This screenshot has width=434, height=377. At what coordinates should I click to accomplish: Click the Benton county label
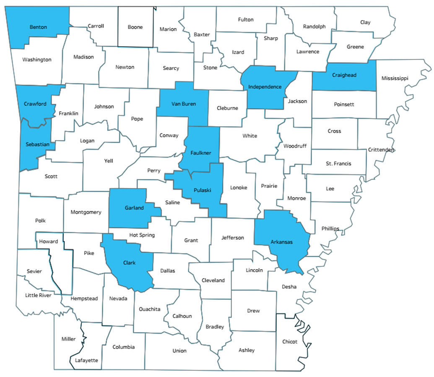38,27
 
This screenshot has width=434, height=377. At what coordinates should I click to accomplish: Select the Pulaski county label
202,190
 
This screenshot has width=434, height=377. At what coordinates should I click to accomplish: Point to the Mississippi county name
395,78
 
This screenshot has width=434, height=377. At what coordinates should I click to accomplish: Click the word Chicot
290,341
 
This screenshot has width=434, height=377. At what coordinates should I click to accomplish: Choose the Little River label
38,295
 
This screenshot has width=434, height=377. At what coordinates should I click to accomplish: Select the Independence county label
265,87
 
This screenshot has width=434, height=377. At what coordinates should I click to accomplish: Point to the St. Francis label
338,164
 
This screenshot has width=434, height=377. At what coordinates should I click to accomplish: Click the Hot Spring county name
142,235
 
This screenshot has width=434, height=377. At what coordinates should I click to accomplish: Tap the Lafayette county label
86,360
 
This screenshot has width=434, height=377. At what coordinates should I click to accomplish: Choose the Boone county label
135,27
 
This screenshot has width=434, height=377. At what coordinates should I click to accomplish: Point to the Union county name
179,351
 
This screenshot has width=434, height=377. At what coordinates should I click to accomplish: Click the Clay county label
365,22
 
